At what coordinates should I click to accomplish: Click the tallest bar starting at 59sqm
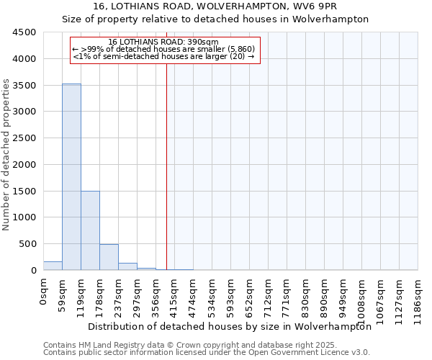pos(71,176)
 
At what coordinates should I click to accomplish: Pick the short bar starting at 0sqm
pos(53,266)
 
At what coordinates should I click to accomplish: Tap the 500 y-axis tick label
pos(27,244)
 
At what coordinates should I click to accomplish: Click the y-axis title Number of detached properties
pos(7,156)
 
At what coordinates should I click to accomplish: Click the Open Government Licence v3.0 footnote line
pos(207,353)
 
